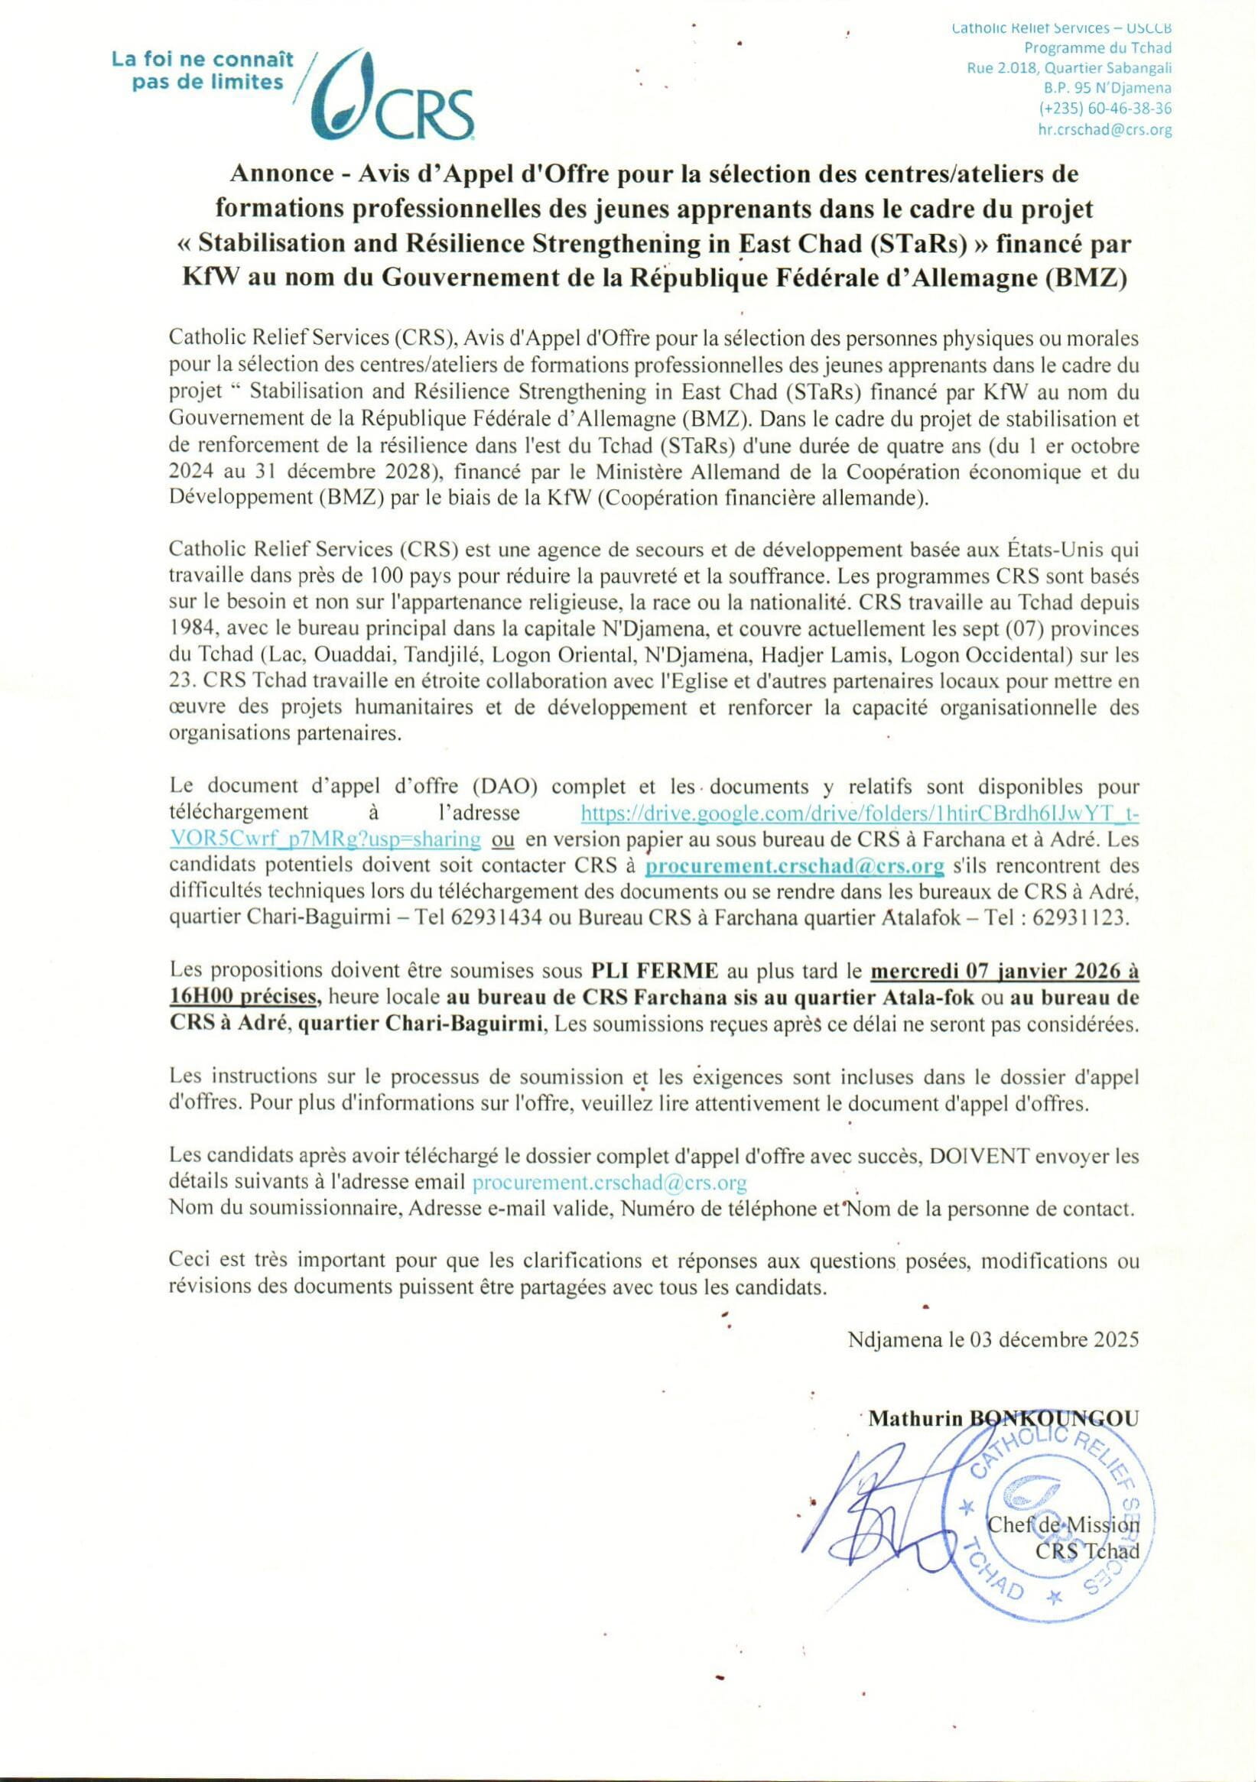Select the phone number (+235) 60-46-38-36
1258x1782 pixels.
point(1105,109)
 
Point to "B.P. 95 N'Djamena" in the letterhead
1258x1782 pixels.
point(1107,88)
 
